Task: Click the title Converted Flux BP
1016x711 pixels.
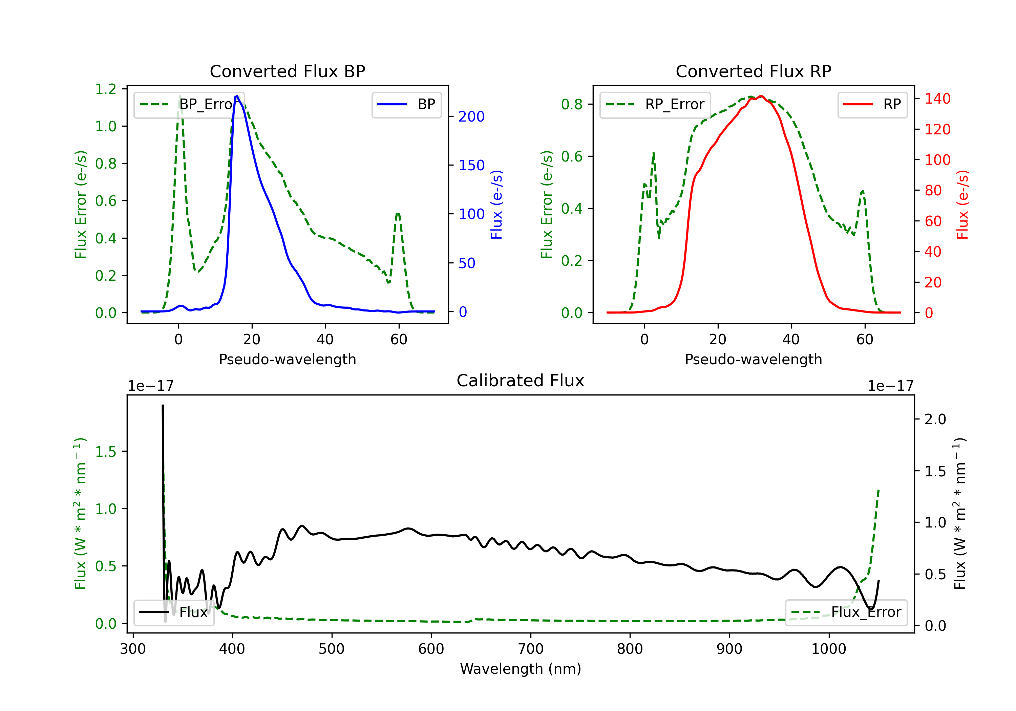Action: (x=287, y=71)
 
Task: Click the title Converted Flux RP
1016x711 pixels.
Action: (x=753, y=71)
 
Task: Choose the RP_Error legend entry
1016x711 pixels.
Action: (x=655, y=104)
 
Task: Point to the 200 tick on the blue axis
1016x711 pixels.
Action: (x=471, y=117)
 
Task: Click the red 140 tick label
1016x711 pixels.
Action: (x=937, y=99)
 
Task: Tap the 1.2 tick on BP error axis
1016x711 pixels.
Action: (x=106, y=89)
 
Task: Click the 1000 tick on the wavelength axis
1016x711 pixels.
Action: (x=828, y=649)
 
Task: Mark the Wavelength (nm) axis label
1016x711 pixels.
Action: (x=521, y=669)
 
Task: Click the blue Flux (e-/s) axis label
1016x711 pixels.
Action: (x=496, y=204)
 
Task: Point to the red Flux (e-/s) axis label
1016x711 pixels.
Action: (x=962, y=204)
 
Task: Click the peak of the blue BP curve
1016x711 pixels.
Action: (x=237, y=96)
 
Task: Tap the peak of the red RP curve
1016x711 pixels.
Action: (x=761, y=96)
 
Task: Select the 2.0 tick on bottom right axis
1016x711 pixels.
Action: (x=935, y=419)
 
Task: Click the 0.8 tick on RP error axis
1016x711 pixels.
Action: (x=572, y=104)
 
